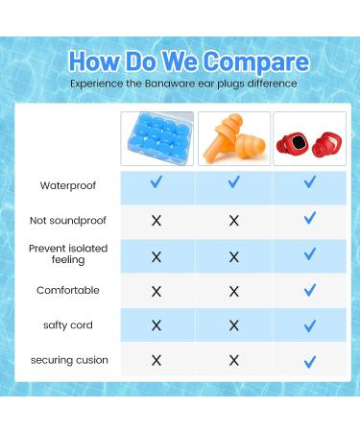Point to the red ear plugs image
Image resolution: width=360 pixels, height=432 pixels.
309,139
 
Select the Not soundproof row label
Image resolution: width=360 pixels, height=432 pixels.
67,220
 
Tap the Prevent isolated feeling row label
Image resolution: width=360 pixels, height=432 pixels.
67,253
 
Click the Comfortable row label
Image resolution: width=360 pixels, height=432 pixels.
67,290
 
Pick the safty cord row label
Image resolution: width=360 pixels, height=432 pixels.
67,325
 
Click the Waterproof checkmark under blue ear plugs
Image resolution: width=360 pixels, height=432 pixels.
156,182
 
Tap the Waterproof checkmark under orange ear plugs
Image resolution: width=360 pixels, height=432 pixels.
233,182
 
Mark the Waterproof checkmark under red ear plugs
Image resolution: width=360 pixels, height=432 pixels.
309,182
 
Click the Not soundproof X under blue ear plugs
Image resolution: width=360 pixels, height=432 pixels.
156,220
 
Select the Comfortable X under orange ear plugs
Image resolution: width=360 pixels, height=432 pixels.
233,290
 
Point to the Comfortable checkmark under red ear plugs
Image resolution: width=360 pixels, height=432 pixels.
309,289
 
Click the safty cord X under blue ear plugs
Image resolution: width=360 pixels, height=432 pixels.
156,325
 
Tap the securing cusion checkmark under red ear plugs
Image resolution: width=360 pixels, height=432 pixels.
309,361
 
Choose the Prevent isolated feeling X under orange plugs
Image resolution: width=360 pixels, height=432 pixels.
233,254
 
